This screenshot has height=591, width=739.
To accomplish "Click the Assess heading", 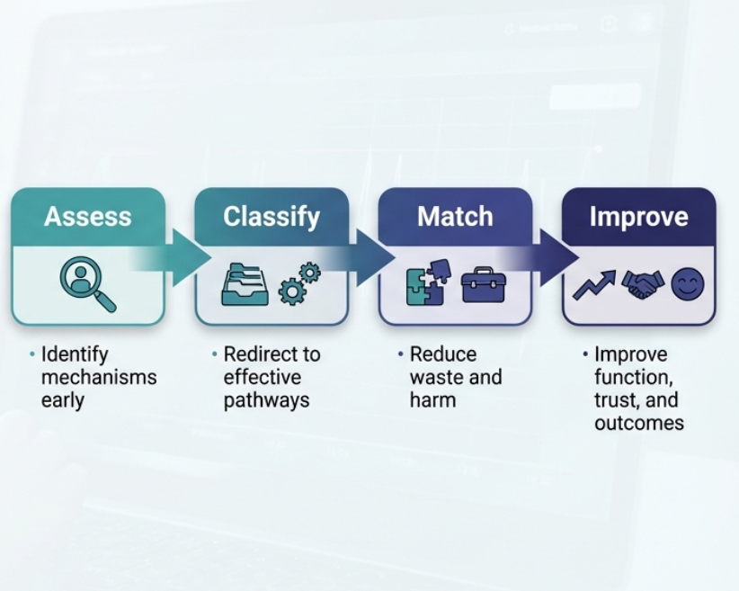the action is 88,216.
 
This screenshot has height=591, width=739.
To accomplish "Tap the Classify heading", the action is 272,217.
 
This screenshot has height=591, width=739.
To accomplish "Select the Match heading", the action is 455,216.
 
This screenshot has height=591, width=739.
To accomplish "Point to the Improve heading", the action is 638,217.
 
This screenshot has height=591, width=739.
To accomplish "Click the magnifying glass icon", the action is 88,284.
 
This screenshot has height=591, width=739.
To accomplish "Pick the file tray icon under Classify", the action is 245,284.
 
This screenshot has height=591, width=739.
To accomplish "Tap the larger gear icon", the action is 292,292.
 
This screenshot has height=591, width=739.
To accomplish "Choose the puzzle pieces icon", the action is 428,283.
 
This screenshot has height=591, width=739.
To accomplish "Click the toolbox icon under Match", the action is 484,285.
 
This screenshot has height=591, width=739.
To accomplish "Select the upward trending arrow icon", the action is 594,285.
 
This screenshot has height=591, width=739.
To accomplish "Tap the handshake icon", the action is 643,284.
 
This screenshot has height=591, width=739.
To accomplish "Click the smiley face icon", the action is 688,284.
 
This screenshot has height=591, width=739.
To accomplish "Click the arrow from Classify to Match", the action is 358,257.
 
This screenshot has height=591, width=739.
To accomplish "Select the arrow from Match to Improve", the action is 542,257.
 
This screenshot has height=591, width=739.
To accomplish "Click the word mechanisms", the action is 99,377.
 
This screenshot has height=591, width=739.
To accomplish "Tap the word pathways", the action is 266,401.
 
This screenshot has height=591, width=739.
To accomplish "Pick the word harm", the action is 432,400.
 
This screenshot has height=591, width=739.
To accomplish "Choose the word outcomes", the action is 639,423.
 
